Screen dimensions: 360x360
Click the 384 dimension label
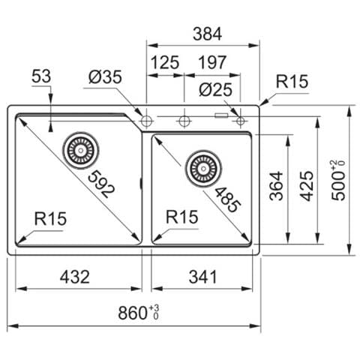point(207,34)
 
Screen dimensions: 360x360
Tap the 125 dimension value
point(165,62)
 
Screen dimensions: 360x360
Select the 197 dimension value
point(212,62)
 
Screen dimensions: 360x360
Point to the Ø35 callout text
point(105,77)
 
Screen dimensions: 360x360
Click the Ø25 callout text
point(216,90)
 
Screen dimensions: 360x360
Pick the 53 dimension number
point(41,76)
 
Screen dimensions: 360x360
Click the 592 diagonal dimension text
point(101,184)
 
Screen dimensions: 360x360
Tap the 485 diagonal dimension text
point(228,199)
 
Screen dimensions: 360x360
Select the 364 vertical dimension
point(276,186)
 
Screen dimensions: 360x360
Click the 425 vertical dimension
point(307,186)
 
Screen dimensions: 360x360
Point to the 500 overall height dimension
point(338,180)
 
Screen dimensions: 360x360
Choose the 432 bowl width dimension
point(75,277)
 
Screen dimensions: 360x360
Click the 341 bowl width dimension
point(202,277)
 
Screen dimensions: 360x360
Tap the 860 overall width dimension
point(139,313)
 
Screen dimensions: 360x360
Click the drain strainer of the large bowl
point(81,151)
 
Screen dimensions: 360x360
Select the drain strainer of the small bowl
point(203,168)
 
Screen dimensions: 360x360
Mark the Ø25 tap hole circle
point(240,121)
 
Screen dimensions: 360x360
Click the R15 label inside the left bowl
point(50,218)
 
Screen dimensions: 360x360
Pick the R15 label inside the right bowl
point(182,217)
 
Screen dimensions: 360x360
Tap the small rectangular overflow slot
point(221,115)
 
